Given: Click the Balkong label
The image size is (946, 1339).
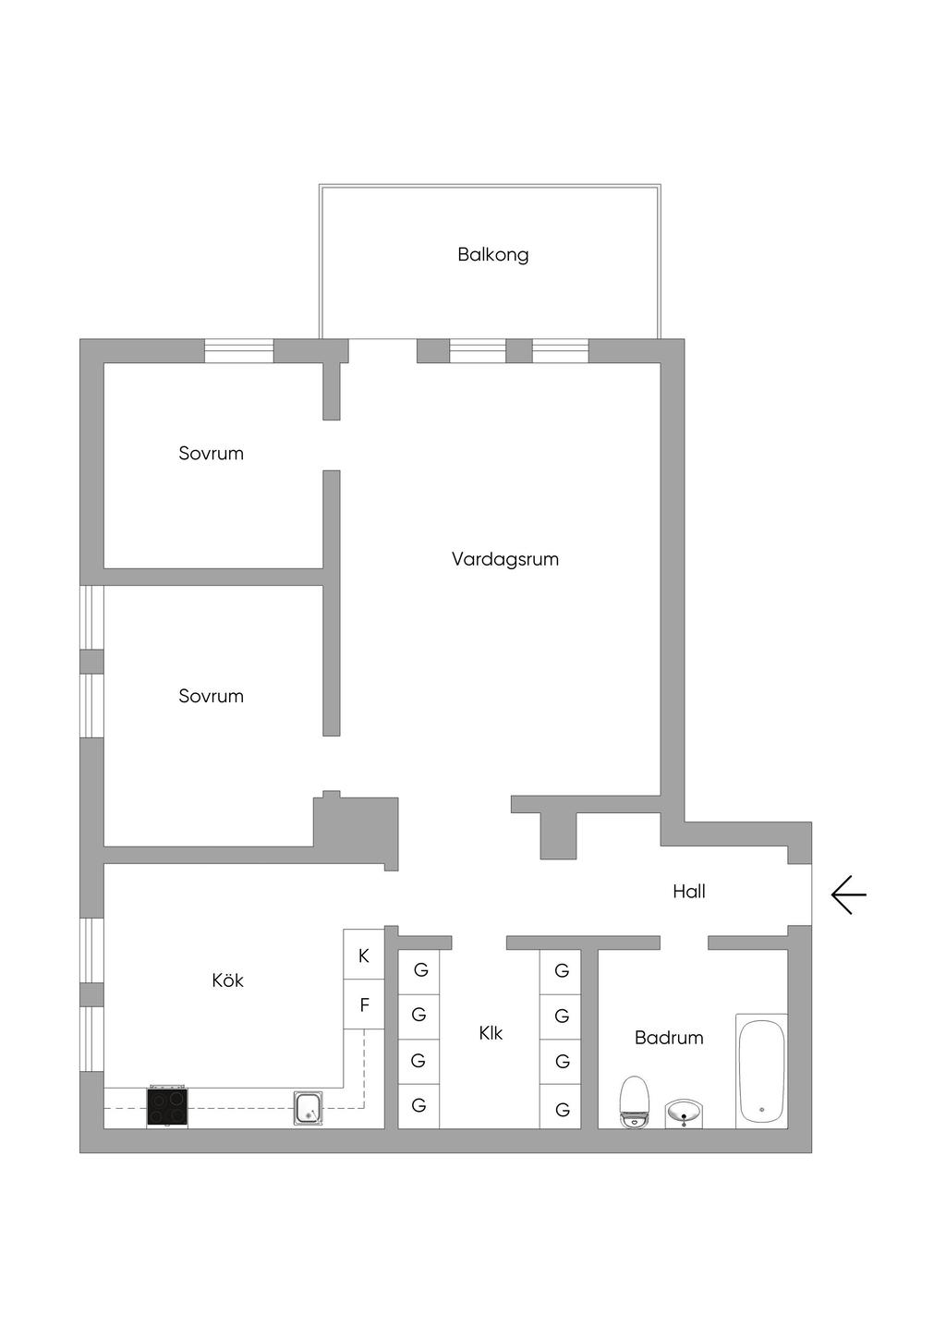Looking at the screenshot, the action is pos(493,255).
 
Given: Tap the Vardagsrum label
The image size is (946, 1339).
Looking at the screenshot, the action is pos(505,559).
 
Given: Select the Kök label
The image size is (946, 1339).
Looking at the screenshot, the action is pos(227,980).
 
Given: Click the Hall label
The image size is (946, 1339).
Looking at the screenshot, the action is pos(689,891).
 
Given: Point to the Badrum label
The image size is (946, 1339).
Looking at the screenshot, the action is pos(669,1037).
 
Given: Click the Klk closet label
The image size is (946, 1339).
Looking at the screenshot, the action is pos(491,1033).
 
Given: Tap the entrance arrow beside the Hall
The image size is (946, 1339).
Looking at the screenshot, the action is pos(849,895).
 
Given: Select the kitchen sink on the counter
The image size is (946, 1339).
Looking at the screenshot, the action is pos(309,1108).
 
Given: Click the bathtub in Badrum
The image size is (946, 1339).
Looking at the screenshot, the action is pos(761,1071).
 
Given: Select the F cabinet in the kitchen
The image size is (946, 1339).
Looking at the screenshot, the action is pos(363,1004).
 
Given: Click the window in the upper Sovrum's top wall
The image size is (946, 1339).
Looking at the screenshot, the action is pos(239,351).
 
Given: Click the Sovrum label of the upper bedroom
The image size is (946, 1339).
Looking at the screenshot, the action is pos(211,453).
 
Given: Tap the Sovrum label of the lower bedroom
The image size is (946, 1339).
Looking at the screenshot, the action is pos(211,696).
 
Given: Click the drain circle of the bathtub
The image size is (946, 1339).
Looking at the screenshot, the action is pos(762,1110).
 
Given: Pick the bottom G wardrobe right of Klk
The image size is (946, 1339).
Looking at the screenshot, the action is pos(560,1106).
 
